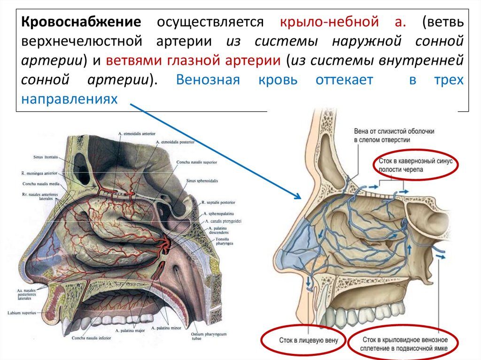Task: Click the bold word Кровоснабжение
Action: [x=81, y=22]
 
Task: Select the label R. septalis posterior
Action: [x=218, y=203]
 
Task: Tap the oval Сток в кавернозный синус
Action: [x=416, y=164]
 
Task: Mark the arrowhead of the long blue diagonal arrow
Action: [x=299, y=196]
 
